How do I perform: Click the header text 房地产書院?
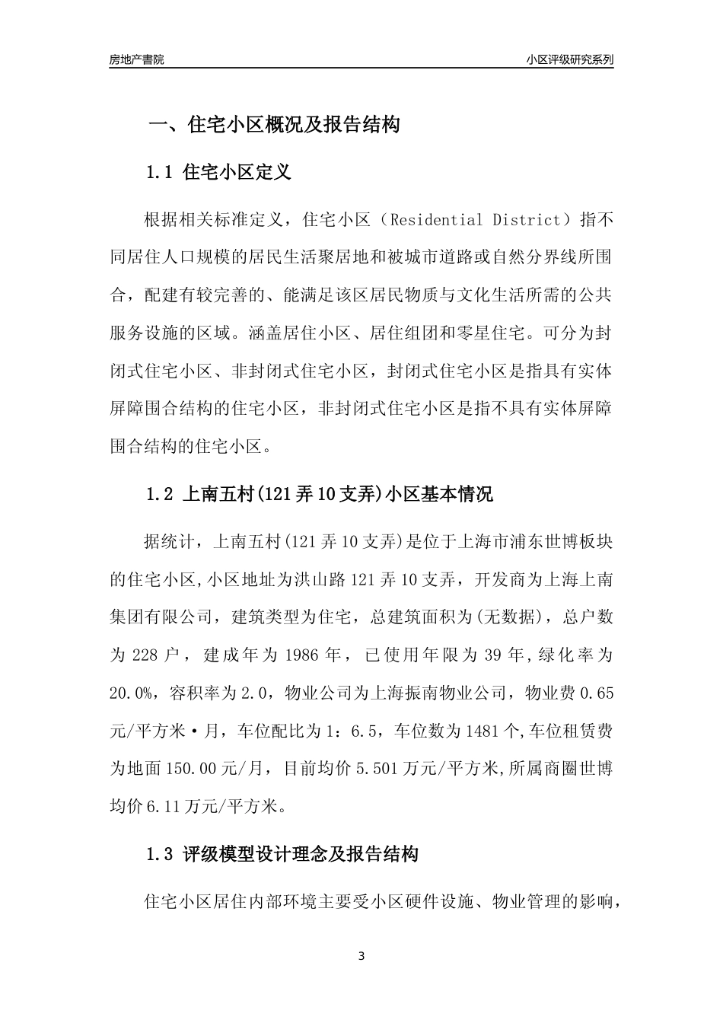(136, 59)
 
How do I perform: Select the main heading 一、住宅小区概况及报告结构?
(273, 125)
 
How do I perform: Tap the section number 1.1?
(161, 173)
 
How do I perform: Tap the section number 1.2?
(161, 495)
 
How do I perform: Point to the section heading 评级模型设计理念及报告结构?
(301, 855)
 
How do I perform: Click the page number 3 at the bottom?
(361, 956)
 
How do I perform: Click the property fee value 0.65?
(597, 692)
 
